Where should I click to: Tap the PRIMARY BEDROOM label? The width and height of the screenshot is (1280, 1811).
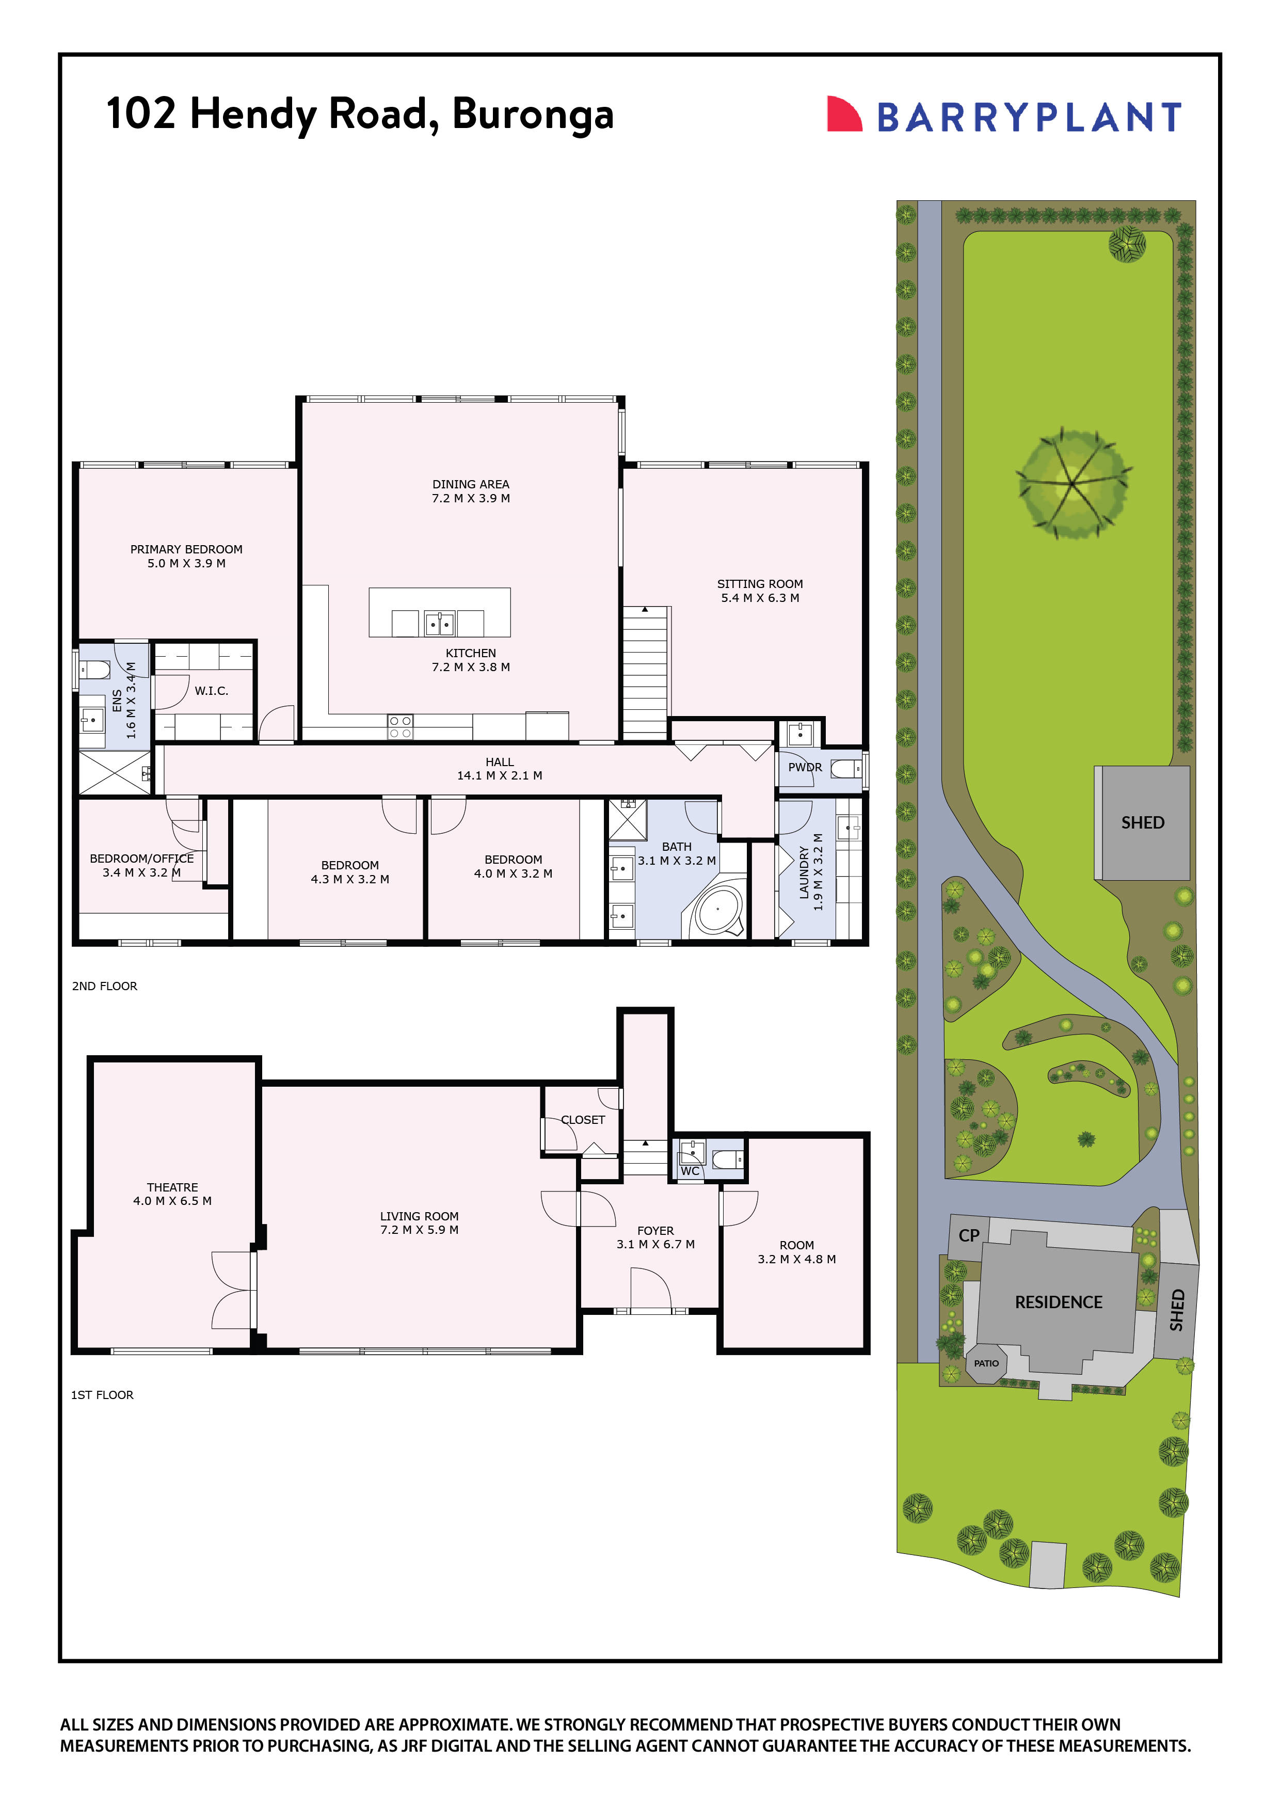(x=186, y=549)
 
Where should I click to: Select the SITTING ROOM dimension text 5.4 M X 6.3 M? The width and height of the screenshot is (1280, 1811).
(x=759, y=598)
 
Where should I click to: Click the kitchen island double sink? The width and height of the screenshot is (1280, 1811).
(x=439, y=623)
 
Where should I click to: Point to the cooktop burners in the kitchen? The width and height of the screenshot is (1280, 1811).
(x=400, y=726)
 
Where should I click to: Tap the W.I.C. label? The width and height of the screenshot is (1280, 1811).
(x=212, y=691)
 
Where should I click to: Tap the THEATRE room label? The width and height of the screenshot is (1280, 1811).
(x=172, y=1187)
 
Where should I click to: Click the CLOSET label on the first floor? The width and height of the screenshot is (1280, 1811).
(x=583, y=1120)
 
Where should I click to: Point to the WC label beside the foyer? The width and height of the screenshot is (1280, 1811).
(x=690, y=1171)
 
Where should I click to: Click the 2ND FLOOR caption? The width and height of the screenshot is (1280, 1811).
(x=104, y=986)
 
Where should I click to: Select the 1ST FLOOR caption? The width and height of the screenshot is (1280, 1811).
(x=103, y=1394)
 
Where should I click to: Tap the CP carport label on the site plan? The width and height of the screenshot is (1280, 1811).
(x=968, y=1235)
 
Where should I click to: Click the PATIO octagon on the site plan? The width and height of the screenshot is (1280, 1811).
(x=986, y=1363)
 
